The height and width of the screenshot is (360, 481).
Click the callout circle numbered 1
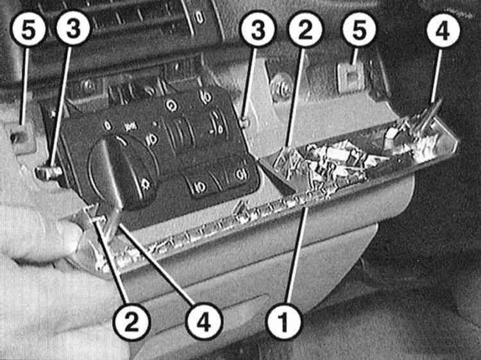click(x=284, y=321)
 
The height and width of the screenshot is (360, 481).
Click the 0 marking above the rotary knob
click(x=107, y=126)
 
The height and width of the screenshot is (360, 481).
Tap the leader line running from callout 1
click(x=297, y=255)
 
